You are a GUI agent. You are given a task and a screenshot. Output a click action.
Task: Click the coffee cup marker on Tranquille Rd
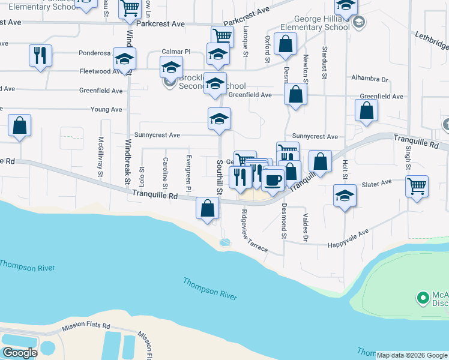(x=273, y=179)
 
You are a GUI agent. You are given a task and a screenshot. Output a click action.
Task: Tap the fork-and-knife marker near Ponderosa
(x=40, y=56)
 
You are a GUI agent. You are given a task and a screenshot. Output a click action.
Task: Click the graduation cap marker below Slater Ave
(x=345, y=196)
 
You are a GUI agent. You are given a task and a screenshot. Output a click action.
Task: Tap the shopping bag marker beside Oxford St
(x=285, y=44)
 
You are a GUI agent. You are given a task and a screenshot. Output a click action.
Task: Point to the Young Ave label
(x=106, y=110)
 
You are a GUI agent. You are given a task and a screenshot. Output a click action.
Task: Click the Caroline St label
(x=165, y=171)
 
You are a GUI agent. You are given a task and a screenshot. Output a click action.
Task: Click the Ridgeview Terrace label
(x=253, y=230)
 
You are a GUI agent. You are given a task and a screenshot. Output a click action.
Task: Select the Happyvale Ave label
(x=348, y=238)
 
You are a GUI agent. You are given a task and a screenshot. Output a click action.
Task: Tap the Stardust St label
(x=324, y=62)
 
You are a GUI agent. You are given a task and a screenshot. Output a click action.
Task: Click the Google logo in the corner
(x=19, y=353)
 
